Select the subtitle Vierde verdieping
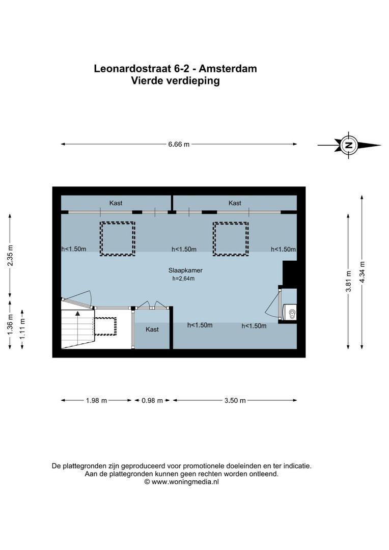[175, 80]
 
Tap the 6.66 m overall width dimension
[179, 144]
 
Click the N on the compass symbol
[349, 145]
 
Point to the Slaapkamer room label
[182, 270]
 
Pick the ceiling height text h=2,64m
[183, 279]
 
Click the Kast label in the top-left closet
[116, 203]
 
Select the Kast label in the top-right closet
[235, 203]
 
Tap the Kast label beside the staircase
[152, 329]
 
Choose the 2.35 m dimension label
[11, 256]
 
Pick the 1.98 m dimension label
[96, 400]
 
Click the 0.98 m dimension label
[152, 400]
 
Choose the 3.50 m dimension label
[235, 400]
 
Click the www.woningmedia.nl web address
[185, 481]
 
